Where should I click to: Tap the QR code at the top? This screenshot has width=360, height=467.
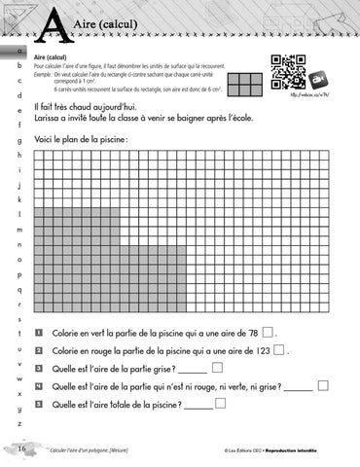[x=281, y=78]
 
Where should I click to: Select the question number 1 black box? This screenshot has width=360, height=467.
[x=38, y=332]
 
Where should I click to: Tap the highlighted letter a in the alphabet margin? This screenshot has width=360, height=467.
[x=18, y=50]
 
